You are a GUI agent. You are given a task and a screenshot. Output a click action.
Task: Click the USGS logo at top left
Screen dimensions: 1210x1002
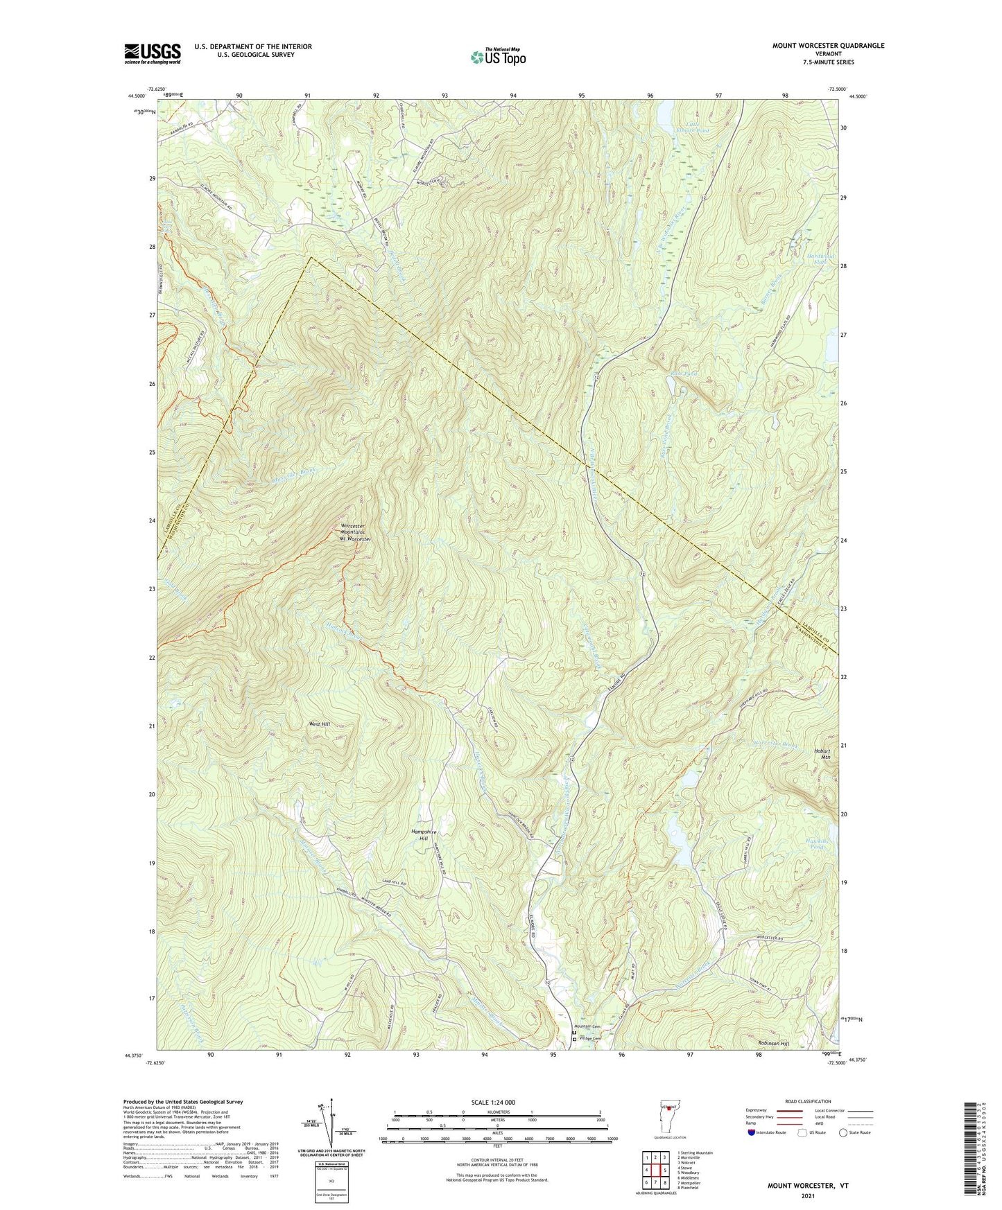click(152, 53)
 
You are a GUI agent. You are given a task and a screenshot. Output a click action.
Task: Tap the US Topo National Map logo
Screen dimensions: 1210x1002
click(498, 57)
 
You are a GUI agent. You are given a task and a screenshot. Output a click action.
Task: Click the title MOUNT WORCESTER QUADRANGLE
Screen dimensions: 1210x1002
click(828, 46)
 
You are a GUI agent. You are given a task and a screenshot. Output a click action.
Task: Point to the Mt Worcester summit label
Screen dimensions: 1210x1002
click(356, 538)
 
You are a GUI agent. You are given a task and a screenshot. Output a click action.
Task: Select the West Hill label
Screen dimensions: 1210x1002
click(319, 724)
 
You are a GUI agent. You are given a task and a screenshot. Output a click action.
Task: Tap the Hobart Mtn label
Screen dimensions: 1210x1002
click(822, 754)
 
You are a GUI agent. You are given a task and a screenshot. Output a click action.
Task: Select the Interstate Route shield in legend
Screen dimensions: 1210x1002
click(752, 1132)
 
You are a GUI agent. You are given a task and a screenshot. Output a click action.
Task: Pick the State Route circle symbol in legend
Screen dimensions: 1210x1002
click(843, 1132)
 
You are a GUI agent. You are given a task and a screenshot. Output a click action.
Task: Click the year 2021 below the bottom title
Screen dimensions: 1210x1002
click(808, 1196)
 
